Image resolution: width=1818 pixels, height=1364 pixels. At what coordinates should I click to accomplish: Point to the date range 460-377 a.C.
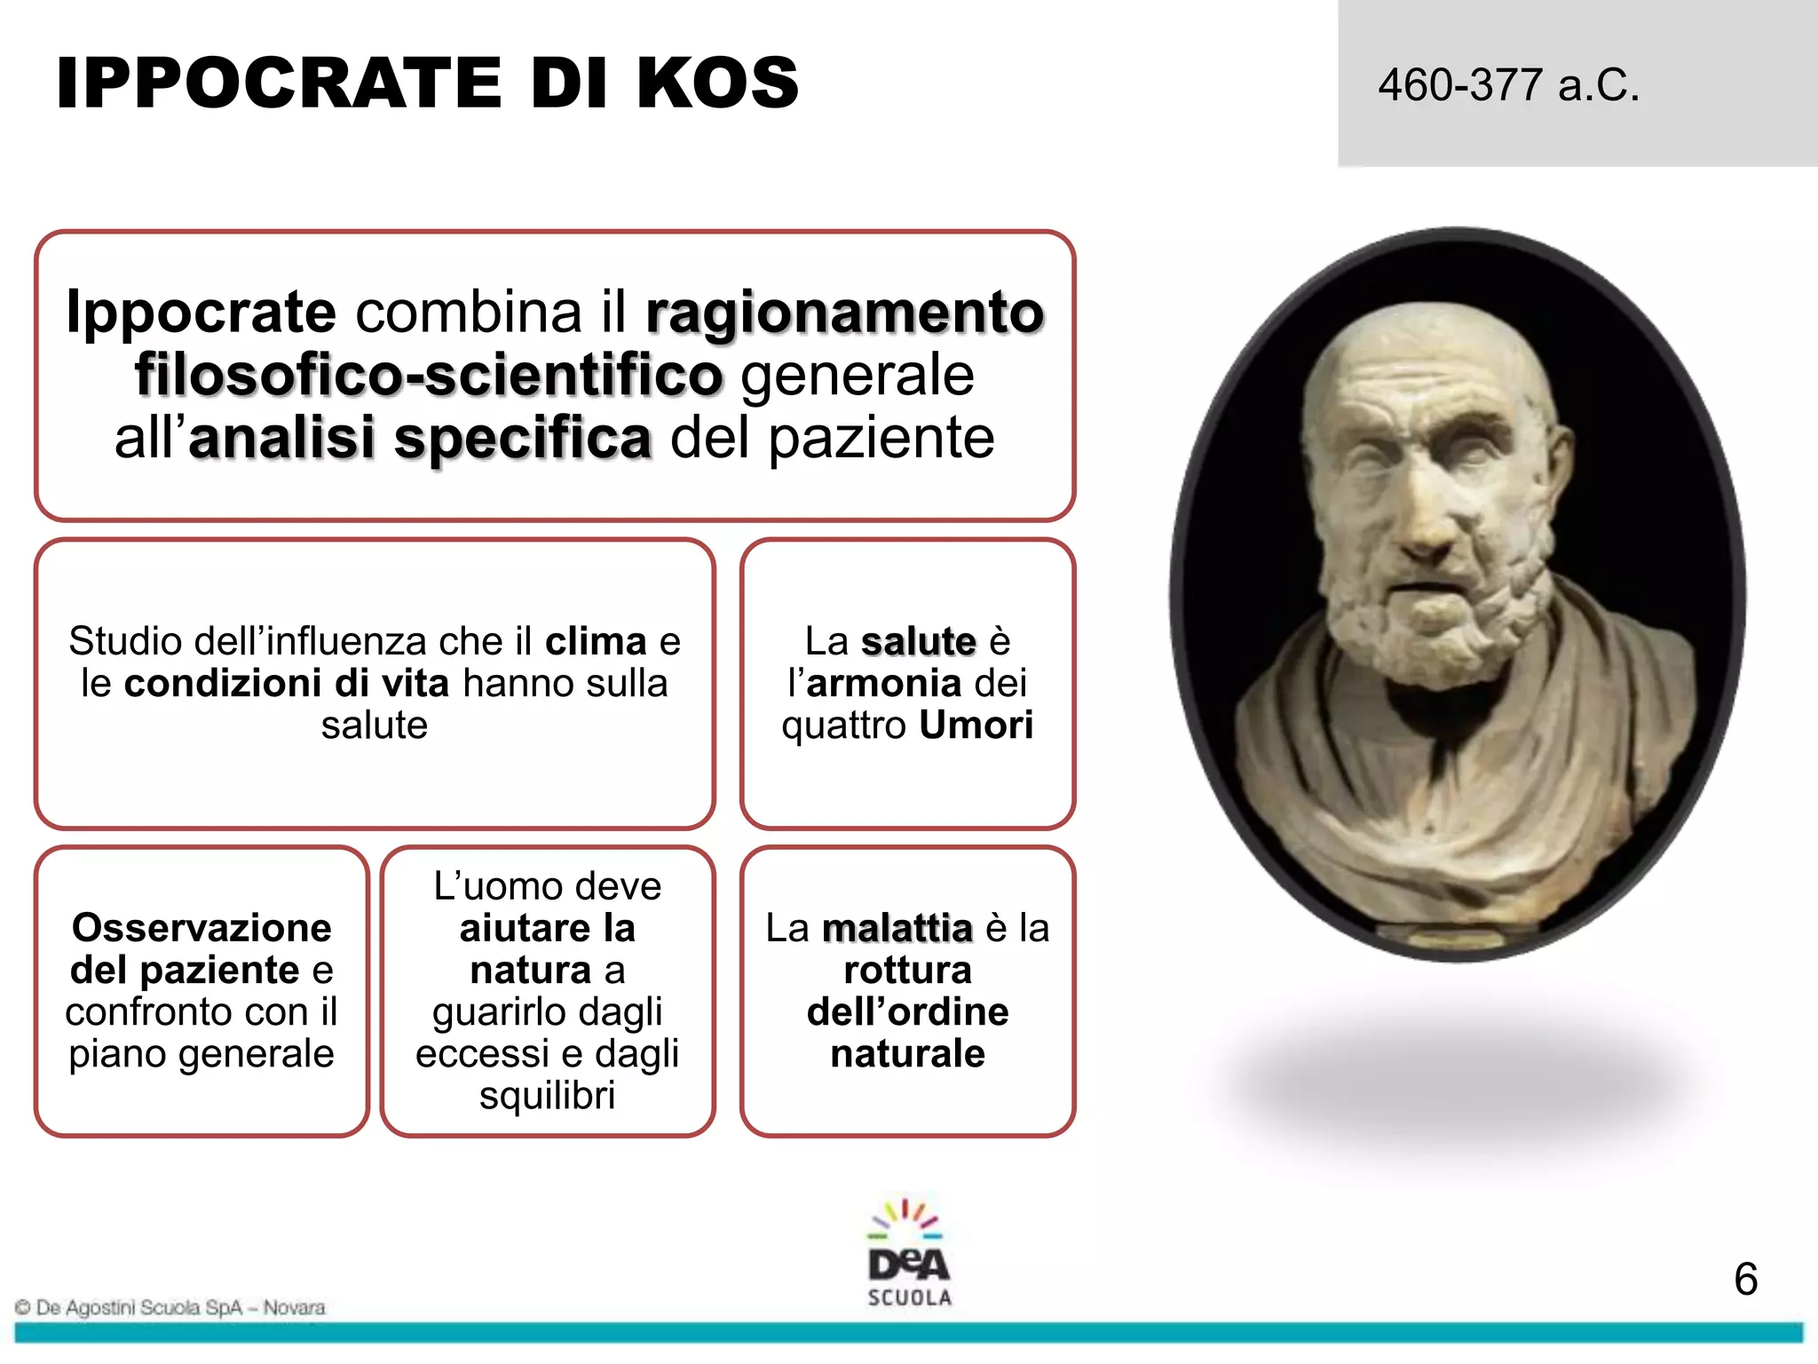coord(1508,86)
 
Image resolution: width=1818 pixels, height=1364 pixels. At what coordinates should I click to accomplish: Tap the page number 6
coord(1745,1280)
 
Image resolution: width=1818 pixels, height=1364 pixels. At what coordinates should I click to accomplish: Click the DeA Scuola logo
coord(909,1253)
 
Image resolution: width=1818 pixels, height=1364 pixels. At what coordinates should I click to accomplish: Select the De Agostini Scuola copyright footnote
coord(170,1307)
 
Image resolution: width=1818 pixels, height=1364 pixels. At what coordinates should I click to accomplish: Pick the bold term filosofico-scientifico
coord(429,376)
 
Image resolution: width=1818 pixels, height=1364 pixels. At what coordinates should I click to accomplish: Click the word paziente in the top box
coord(881,439)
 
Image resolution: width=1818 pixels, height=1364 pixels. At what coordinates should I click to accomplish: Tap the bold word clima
coord(596,641)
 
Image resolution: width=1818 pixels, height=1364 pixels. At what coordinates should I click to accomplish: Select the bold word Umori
coord(976,726)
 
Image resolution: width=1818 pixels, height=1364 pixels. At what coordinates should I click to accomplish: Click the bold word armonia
coord(884,684)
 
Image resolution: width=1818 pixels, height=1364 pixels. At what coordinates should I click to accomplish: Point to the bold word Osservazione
coord(202,928)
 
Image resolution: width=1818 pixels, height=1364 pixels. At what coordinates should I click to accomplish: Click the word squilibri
coord(547,1096)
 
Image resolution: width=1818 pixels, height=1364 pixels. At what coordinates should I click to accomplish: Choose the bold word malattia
coord(897,928)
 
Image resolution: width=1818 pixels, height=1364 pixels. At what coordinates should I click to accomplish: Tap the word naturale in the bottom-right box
coord(907,1054)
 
